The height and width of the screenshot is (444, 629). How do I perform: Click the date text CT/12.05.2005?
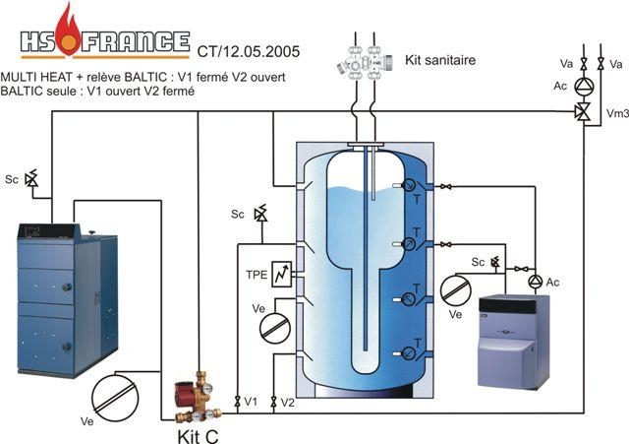[x=248, y=48]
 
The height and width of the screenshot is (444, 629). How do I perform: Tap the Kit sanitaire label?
[x=440, y=61]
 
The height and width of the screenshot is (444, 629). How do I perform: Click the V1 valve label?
[x=252, y=403]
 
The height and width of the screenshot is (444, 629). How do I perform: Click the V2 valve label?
[x=288, y=403]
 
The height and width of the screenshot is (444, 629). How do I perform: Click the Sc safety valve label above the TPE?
[x=238, y=214]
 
